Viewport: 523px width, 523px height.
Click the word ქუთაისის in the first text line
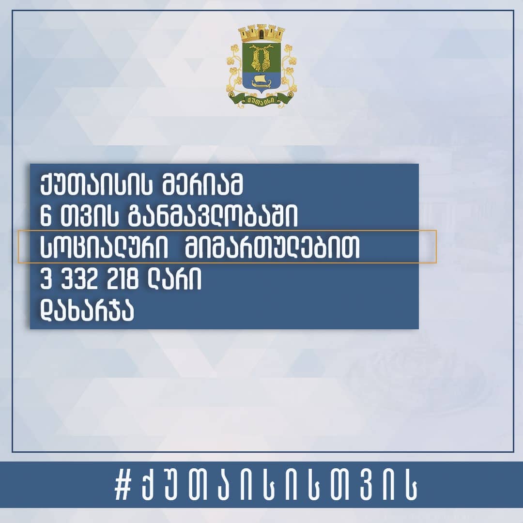tap(96, 185)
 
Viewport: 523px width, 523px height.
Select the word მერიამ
tap(202, 185)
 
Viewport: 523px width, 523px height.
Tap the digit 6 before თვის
tap(46, 216)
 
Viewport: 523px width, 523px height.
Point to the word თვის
tap(90, 216)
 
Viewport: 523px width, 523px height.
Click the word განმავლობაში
tap(213, 216)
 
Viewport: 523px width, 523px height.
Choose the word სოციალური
tap(104, 247)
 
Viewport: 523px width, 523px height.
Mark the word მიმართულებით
tap(272, 247)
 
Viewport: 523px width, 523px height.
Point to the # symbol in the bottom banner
tap(123, 487)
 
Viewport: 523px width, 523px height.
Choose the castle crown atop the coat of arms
tap(262, 33)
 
